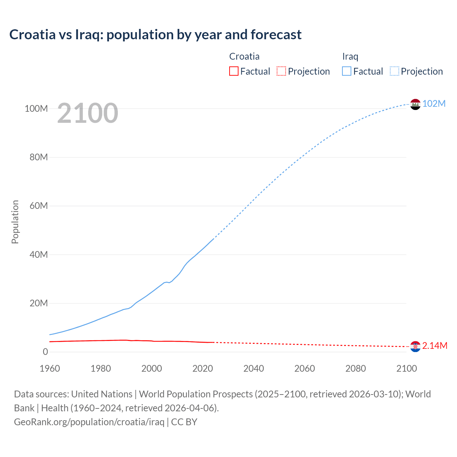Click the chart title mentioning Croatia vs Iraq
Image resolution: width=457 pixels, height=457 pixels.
point(155,35)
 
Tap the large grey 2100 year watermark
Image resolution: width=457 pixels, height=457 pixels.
point(87,113)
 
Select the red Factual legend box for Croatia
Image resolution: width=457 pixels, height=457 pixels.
point(233,71)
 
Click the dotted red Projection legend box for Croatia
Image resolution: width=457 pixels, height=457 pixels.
point(281,71)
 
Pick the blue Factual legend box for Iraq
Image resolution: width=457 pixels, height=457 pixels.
point(346,71)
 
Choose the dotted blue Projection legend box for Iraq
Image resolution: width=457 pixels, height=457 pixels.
point(394,71)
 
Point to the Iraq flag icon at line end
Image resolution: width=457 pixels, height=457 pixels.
point(415,104)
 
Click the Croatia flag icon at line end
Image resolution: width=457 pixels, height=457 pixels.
point(415,346)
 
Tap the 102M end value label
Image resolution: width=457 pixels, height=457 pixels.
point(434,104)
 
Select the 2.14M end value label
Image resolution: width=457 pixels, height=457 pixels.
point(435,346)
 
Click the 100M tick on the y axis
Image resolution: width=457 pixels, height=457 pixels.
point(36,109)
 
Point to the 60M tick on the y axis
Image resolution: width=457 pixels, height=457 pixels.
point(38,206)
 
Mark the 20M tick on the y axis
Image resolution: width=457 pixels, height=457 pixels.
point(38,303)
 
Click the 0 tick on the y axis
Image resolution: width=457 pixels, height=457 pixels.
point(45,352)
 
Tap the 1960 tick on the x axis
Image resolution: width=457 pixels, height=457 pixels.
point(50,368)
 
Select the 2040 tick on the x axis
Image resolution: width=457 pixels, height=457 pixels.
point(253,368)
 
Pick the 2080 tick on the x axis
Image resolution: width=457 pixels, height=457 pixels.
point(356,368)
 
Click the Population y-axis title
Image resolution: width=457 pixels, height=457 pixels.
point(15,222)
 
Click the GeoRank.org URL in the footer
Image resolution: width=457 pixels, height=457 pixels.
point(89,422)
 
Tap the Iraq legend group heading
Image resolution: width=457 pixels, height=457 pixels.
point(350,56)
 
